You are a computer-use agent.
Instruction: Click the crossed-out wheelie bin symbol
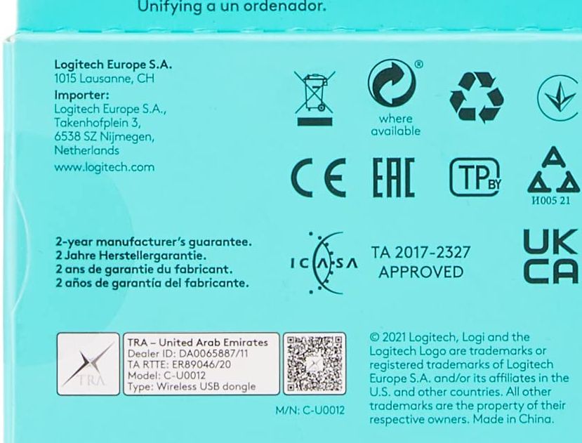[315, 98]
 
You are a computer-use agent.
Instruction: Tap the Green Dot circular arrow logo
[392, 83]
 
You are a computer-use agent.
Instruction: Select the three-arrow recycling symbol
[477, 98]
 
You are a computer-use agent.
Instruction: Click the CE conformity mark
[319, 178]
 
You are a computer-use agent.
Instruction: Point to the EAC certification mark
[394, 177]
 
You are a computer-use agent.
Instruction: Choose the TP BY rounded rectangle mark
[475, 177]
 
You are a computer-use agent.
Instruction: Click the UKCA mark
[551, 256]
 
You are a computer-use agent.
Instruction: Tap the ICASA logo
[324, 263]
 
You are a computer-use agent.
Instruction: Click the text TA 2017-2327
[421, 253]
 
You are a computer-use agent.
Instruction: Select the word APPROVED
[421, 272]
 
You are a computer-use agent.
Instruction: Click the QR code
[315, 364]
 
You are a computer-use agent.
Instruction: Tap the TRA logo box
[88, 364]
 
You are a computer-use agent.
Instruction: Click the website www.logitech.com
[105, 167]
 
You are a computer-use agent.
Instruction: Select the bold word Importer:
[81, 95]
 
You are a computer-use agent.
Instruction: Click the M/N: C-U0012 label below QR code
[310, 410]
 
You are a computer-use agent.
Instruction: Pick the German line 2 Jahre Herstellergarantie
[131, 256]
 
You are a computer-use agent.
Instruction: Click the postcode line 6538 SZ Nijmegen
[105, 137]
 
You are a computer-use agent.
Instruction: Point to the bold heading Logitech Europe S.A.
[113, 65]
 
